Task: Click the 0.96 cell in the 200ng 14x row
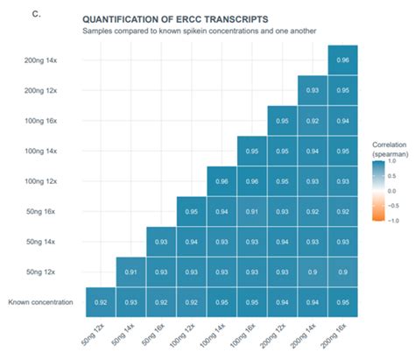coord(343,60)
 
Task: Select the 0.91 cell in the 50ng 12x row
coord(130,272)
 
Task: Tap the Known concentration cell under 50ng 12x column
coord(101,302)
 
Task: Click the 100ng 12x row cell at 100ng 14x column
coord(222,181)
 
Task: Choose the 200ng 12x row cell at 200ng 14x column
coord(313,90)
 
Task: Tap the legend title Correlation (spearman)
coord(388,148)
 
